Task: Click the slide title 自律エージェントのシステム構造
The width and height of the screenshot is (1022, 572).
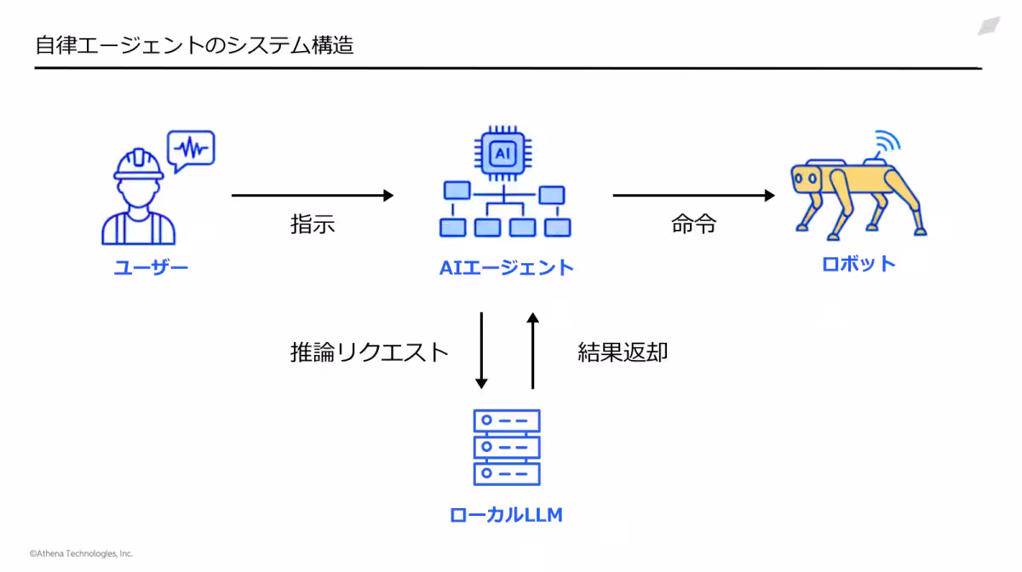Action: (194, 45)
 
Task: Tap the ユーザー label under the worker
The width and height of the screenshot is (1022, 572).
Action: (151, 268)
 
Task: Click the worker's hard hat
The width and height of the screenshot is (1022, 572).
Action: (139, 163)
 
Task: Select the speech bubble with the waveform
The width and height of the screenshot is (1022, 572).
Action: (191, 149)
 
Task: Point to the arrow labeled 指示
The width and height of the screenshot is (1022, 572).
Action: (312, 196)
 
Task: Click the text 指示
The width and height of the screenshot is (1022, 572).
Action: (313, 225)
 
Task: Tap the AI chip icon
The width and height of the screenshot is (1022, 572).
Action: (505, 153)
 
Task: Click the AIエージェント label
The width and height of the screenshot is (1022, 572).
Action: (507, 268)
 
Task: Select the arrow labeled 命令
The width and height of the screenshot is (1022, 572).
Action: (693, 196)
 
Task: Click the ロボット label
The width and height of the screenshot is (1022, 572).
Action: (858, 264)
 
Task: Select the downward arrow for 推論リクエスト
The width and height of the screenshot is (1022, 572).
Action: (481, 350)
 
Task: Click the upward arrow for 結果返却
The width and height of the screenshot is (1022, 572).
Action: (533, 350)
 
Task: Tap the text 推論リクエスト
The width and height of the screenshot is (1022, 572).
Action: (369, 352)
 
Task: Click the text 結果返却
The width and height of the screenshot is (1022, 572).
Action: (623, 352)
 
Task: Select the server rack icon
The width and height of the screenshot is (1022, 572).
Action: (507, 447)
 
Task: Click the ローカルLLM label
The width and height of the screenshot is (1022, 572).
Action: (506, 515)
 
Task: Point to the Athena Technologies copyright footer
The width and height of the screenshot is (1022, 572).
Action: (81, 553)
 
